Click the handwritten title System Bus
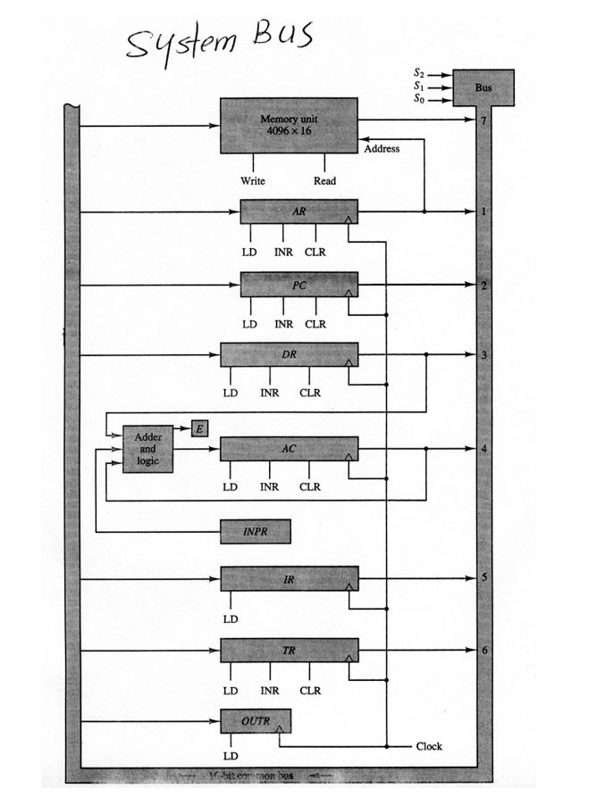pos(219,40)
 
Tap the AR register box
pos(298,212)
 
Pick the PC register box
pos(298,285)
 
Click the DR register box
pos(289,355)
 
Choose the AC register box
pos(289,449)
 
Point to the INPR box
pos(255,531)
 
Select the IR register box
pos(289,579)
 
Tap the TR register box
pos(289,651)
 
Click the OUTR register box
pos(255,720)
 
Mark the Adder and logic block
pos(147,449)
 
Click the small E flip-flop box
pos(199,429)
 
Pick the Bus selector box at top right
pos(483,88)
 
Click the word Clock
pos(429,746)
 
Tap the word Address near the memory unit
pos(382,148)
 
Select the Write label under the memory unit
pos(253,180)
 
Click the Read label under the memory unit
pos(324,180)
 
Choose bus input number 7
pos(483,120)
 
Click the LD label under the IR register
pos(231,618)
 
